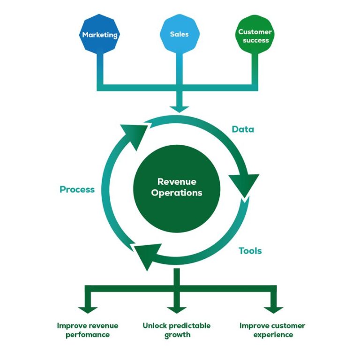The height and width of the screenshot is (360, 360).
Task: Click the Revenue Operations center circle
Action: click(177, 187)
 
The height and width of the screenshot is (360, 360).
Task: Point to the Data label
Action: click(243, 129)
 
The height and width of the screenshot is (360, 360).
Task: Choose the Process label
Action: click(77, 190)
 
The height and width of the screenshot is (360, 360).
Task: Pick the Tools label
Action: click(250, 251)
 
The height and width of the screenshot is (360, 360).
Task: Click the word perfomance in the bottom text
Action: click(88, 335)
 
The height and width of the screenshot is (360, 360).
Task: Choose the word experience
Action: click(273, 335)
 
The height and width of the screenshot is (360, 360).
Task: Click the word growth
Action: click(177, 335)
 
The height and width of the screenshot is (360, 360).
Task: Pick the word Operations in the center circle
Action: click(177, 193)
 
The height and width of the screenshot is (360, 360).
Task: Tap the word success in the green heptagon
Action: click(256, 40)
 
